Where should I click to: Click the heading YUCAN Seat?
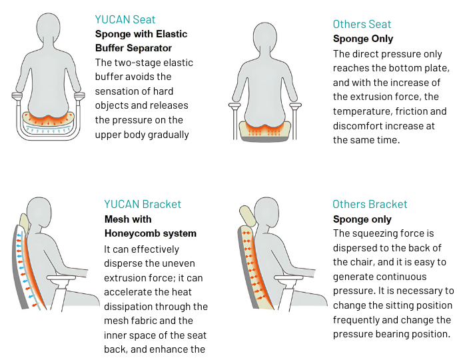coord(127,19)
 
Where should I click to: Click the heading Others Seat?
coord(363,25)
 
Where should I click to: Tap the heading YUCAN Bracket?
coord(143,204)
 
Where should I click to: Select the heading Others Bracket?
coord(370,204)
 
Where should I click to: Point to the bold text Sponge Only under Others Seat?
coord(363,39)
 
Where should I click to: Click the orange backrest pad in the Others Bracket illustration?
coord(255,267)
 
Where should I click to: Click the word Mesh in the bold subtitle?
coord(116,219)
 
